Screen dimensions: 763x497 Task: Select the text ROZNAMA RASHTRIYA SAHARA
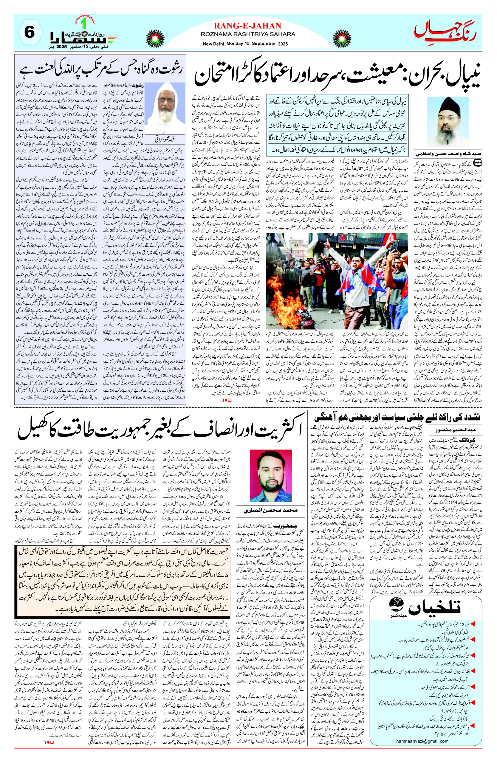[248, 34]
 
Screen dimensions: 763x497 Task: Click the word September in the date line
[265, 44]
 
